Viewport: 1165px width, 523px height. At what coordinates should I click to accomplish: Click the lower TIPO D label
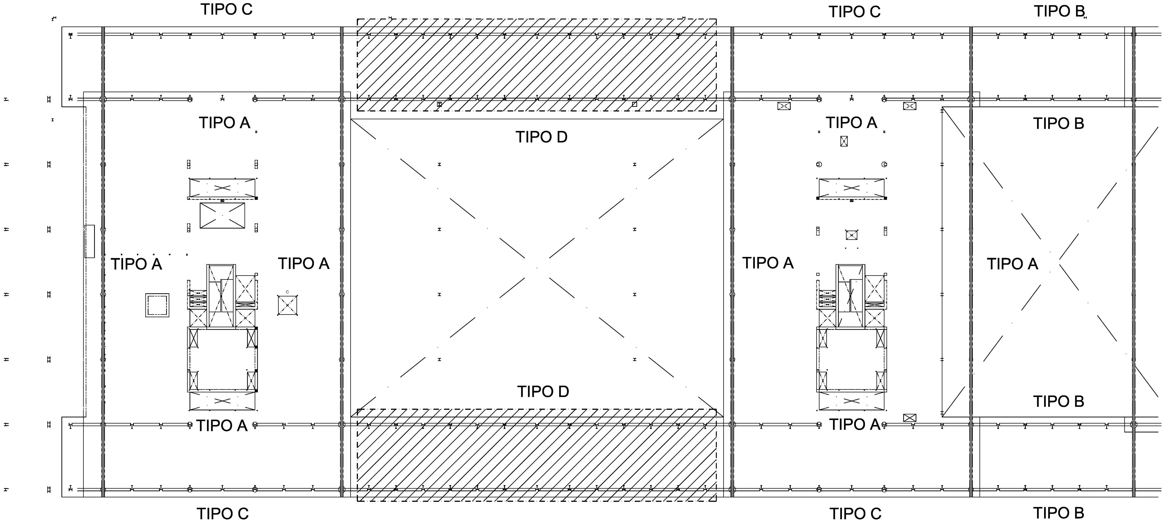(x=543, y=392)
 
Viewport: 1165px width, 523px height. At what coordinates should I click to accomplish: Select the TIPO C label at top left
(x=226, y=9)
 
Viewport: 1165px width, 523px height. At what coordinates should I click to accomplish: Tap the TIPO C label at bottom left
(x=223, y=514)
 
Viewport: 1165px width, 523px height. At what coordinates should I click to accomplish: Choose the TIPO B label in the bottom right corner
(x=1059, y=513)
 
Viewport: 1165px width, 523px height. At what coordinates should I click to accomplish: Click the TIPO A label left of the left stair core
(x=136, y=264)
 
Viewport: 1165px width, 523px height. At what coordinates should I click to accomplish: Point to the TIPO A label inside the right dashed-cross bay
(x=1012, y=264)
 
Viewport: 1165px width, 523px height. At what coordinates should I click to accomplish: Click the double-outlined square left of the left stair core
(x=157, y=305)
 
